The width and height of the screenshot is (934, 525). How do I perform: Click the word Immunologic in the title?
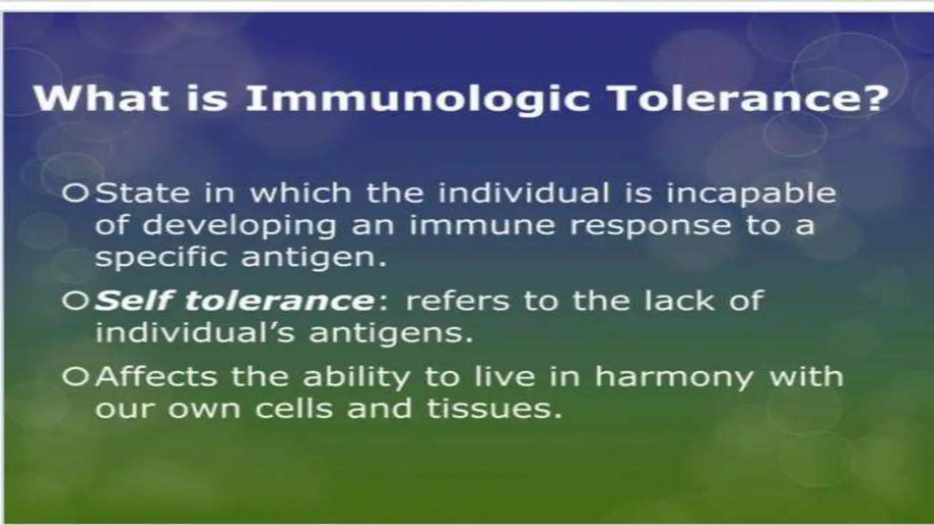point(418,99)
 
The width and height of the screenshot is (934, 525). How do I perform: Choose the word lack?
point(680,301)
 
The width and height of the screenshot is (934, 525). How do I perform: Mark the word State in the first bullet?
point(142,194)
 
